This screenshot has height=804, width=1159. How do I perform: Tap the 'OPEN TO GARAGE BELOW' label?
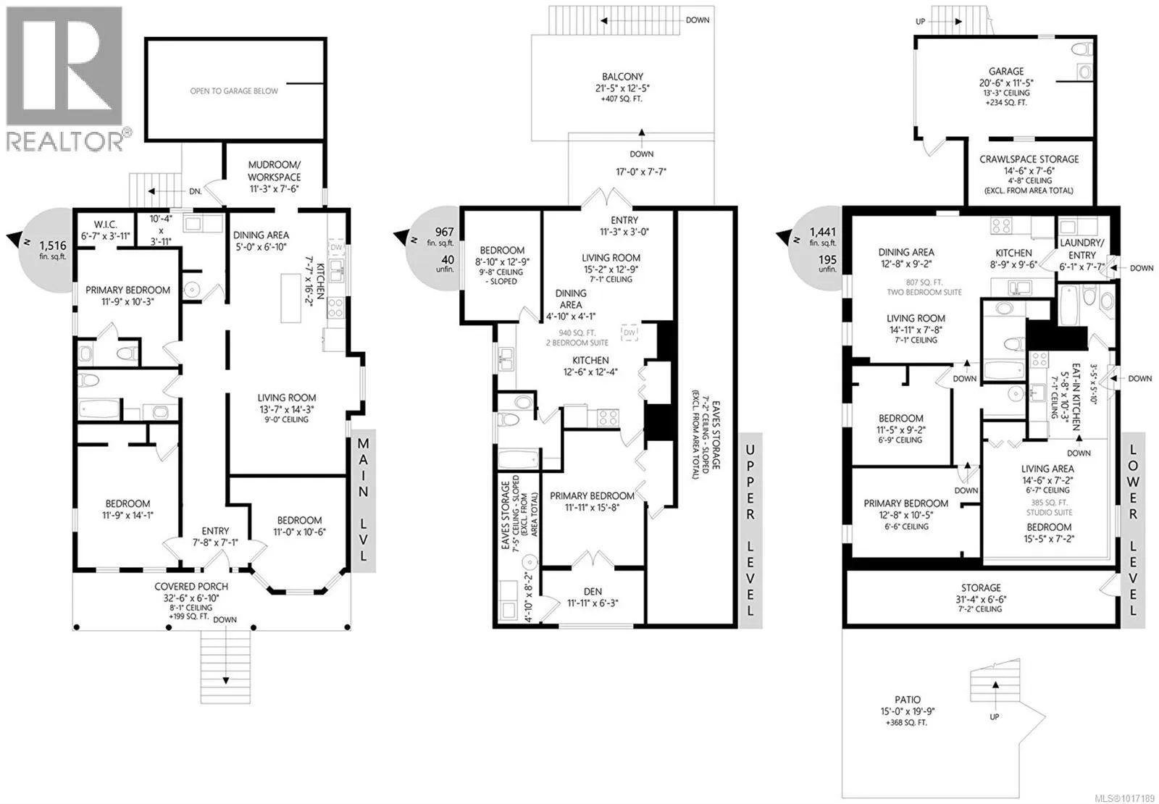click(234, 91)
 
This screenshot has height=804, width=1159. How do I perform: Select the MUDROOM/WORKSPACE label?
click(274, 171)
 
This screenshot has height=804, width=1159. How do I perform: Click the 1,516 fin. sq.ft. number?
click(53, 246)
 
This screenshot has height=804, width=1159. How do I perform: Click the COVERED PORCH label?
click(191, 586)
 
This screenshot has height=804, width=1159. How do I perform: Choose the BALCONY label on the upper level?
click(622, 77)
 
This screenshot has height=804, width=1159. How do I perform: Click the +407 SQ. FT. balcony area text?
click(622, 99)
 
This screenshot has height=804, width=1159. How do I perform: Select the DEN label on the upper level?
click(593, 591)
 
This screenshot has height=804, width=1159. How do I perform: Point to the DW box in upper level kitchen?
click(629, 332)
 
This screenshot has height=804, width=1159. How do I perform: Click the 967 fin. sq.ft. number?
click(445, 233)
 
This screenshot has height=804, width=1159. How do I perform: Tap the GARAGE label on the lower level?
click(1006, 72)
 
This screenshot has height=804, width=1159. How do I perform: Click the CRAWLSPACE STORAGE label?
click(1029, 159)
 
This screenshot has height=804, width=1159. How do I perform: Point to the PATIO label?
click(908, 700)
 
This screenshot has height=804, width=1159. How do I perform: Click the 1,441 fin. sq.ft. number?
click(823, 233)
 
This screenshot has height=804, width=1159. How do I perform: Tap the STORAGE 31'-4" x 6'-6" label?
click(981, 593)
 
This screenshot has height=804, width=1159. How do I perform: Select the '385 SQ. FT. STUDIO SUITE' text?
click(1050, 507)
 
